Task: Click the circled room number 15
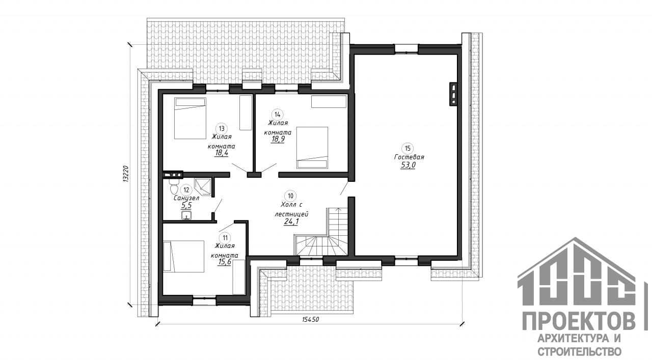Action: pos(407,148)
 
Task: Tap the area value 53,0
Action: pos(408,165)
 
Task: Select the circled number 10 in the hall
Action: pos(290,196)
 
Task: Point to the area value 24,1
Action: pos(291,222)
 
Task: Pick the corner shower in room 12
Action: pos(203,187)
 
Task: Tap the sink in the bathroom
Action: pos(186,215)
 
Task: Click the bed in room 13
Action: pos(191,118)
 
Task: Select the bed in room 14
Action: pos(312,148)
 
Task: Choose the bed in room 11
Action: pos(184,256)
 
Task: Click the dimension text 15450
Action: pos(311,319)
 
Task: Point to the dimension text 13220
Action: pos(125,174)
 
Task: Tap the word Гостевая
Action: pos(409,157)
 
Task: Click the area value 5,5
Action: pos(186,206)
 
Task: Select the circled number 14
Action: pos(277,115)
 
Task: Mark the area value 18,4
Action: pos(222,153)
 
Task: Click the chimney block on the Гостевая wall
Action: pos(453,94)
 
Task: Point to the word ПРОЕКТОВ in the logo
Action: pos(579,322)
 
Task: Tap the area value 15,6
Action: pos(224,262)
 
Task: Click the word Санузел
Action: pos(186,199)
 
